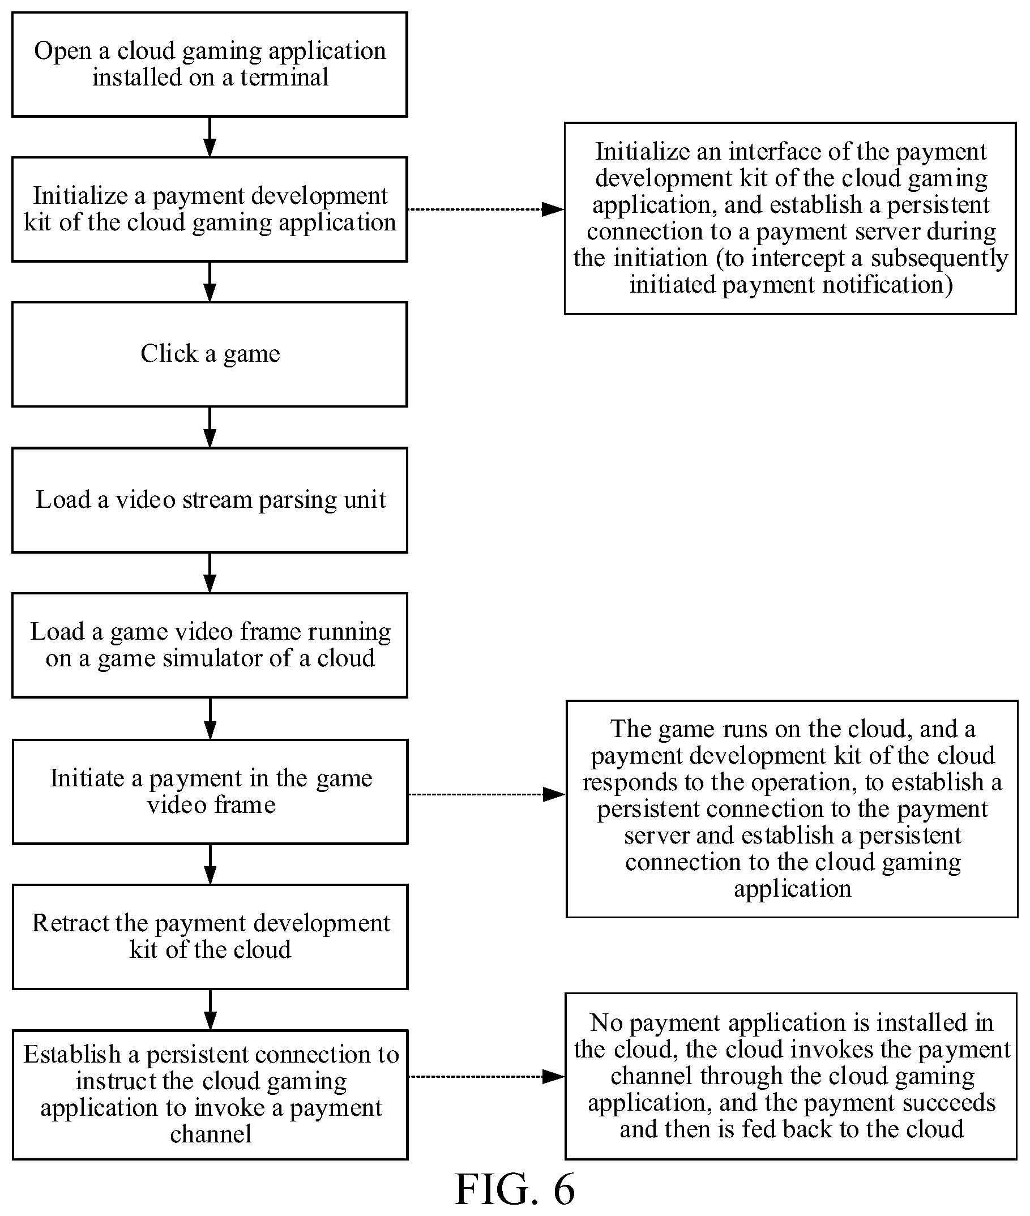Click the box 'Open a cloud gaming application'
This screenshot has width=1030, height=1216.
(210, 65)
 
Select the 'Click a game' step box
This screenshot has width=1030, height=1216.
(210, 354)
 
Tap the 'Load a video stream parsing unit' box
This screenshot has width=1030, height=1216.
(210, 500)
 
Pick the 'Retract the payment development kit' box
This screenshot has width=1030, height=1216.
(210, 937)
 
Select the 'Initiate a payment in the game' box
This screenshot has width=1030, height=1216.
(210, 792)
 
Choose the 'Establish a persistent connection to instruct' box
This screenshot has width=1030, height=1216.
(210, 1095)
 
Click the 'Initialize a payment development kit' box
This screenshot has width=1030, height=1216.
(210, 209)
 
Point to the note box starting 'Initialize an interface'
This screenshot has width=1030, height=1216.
(790, 219)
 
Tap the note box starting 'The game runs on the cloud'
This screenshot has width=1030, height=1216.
(792, 809)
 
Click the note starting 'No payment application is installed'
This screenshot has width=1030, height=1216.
(792, 1077)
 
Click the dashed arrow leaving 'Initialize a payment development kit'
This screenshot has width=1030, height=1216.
(486, 209)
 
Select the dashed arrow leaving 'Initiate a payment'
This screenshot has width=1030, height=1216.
(487, 794)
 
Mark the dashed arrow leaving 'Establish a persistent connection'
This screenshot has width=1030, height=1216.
(486, 1077)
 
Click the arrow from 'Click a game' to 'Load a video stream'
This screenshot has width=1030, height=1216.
(210, 427)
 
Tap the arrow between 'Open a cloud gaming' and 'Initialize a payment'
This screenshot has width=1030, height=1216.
(210, 137)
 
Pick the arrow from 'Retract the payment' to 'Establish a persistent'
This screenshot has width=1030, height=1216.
(211, 1010)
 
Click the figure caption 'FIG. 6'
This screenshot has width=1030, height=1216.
(515, 1190)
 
